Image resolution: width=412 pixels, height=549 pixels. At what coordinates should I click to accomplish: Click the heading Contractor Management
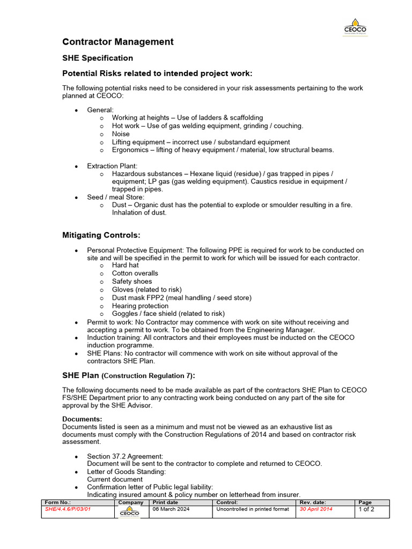point(118,42)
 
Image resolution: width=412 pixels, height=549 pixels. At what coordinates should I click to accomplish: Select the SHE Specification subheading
point(98,58)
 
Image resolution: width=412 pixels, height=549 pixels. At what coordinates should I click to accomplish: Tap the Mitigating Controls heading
point(101,235)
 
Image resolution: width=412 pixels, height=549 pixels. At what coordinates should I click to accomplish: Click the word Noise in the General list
point(121,134)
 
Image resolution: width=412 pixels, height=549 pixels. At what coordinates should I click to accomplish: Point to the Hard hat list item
point(125,265)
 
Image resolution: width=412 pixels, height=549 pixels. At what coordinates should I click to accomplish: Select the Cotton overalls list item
point(135,273)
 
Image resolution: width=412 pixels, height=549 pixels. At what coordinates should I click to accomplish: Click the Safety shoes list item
point(132,281)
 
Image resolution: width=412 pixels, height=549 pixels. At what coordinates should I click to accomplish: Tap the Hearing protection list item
point(140,306)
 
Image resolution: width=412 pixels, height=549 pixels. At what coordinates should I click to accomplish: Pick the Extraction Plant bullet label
point(112,166)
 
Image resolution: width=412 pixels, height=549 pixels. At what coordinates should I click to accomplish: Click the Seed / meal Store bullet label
point(115,197)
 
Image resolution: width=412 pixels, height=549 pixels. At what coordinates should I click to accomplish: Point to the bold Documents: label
point(82,419)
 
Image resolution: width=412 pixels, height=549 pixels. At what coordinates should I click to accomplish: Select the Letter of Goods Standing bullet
point(126,471)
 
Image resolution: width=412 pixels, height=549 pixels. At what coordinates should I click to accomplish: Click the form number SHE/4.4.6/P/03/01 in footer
point(68,509)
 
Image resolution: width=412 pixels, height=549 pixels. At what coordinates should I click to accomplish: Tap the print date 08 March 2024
point(171,509)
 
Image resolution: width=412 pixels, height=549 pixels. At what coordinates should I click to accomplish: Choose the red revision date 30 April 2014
point(316,509)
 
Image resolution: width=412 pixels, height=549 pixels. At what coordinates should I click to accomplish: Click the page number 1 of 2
point(366,509)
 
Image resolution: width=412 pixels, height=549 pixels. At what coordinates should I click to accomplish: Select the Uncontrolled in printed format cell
point(252,509)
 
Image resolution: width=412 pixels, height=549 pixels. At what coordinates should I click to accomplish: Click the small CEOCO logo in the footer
point(129,513)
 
